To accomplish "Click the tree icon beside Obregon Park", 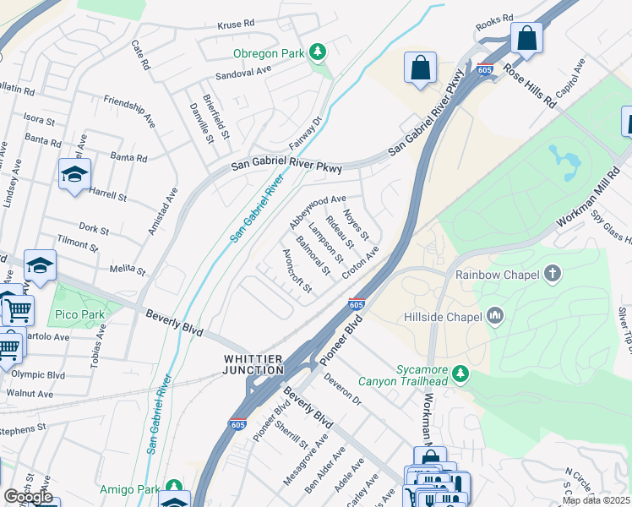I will [318, 53].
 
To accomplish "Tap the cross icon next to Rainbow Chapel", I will [553, 274].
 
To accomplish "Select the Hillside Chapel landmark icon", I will [496, 317].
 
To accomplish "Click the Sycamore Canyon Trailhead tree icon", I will [460, 372].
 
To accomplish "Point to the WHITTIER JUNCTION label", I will [253, 364].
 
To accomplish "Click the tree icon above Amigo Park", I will [175, 488].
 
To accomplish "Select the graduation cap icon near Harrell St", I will [74, 174].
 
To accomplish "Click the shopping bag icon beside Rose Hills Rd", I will [526, 38].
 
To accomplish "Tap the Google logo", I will [29, 497].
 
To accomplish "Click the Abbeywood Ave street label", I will [318, 211].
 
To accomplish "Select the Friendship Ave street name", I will [130, 110].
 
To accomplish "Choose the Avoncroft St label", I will [298, 271].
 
